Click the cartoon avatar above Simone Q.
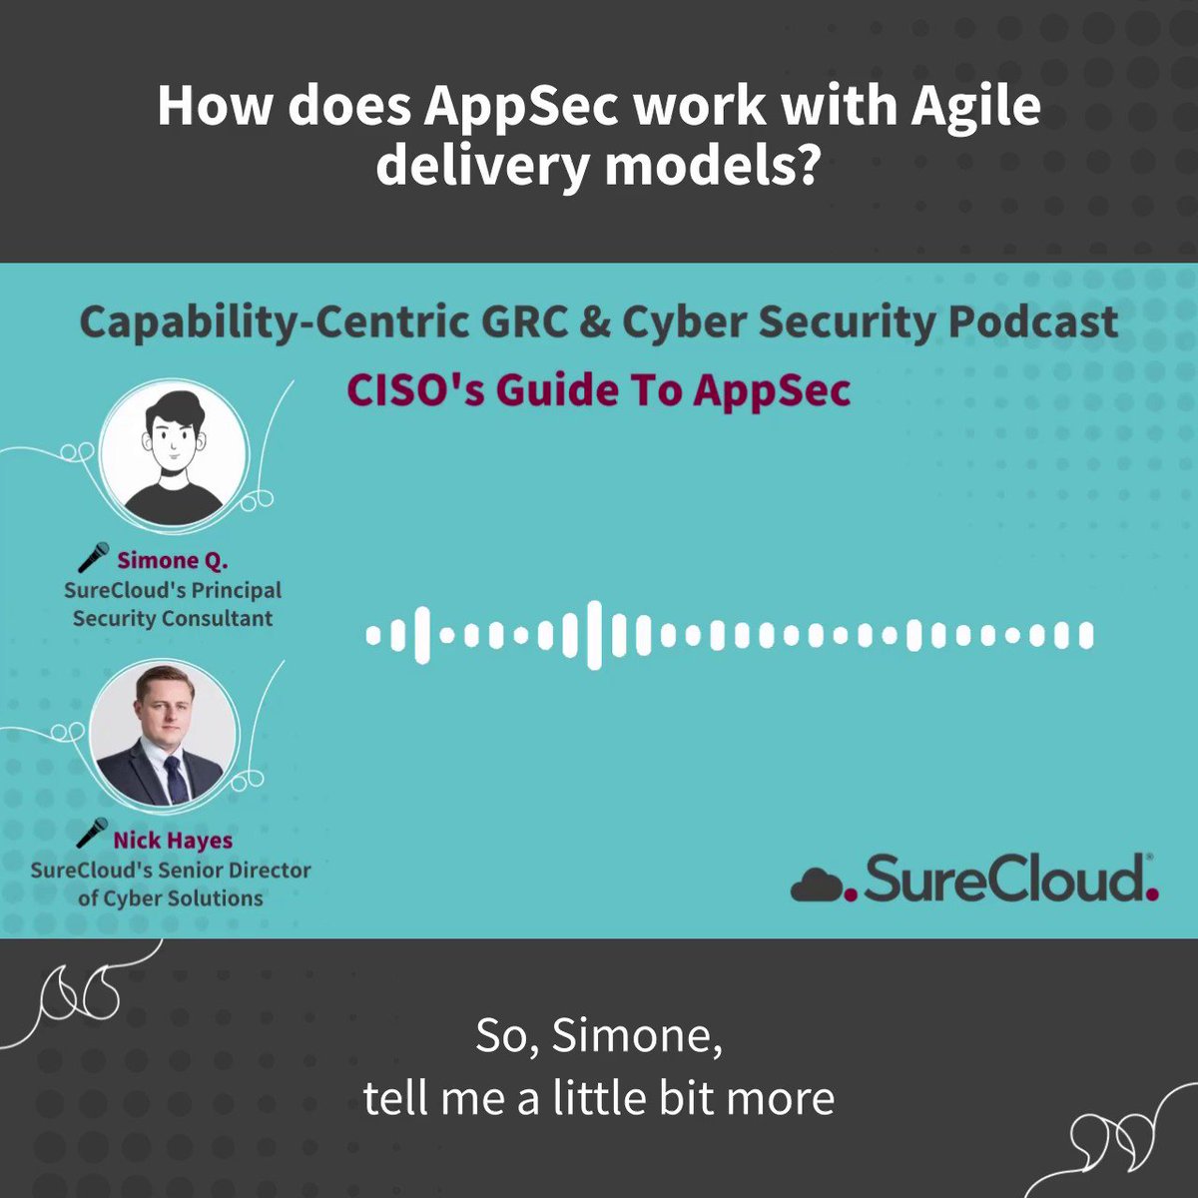coord(175,451)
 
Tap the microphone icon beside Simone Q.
coord(93,557)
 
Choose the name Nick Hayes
coord(172,840)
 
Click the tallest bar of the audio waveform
coord(595,634)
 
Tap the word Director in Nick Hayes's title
coord(265,870)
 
